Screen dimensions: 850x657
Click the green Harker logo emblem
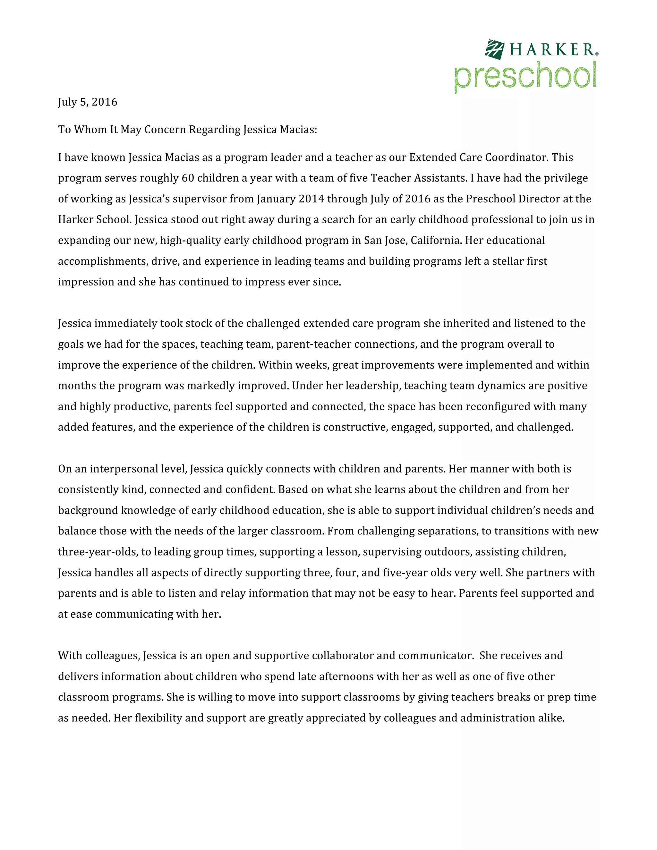494,49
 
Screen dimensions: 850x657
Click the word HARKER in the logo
552,50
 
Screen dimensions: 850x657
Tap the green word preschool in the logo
525,76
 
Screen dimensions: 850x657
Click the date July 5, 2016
88,102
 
